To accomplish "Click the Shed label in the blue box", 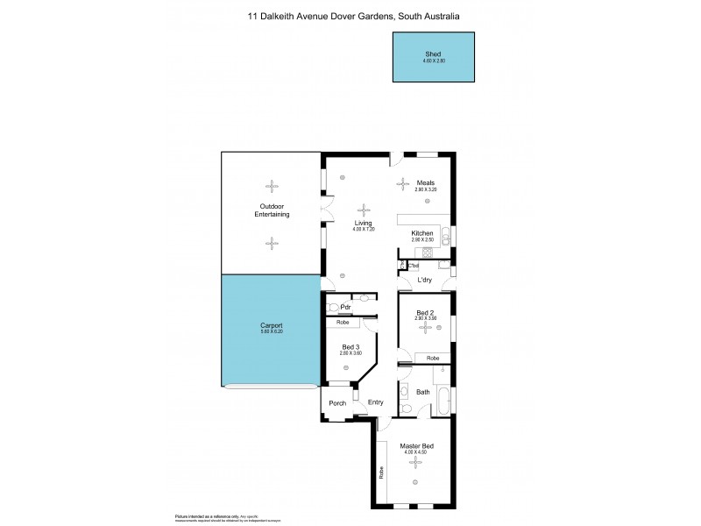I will [434, 53].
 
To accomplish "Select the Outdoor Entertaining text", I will [272, 210].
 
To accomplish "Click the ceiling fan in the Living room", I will [364, 210].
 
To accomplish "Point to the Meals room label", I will [425, 183].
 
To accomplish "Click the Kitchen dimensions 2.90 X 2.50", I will [423, 239].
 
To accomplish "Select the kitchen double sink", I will [445, 234].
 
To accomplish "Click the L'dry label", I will [425, 280].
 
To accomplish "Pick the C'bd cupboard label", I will [414, 266].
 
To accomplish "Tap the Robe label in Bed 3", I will [343, 323].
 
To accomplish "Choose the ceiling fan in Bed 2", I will [425, 327].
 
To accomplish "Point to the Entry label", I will [376, 402].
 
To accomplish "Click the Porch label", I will [337, 403].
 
